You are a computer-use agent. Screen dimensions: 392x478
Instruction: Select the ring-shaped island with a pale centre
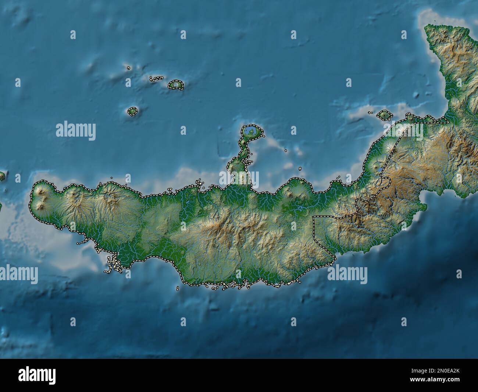click(176, 85)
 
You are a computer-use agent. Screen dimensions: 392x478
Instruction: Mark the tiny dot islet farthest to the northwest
click(128, 68)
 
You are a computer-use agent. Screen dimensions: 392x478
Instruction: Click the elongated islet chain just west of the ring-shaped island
click(157, 78)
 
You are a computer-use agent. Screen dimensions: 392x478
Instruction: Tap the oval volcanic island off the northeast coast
click(385, 115)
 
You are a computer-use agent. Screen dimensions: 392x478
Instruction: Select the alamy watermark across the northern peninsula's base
click(239, 179)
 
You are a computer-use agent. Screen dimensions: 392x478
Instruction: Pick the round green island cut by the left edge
click(2, 176)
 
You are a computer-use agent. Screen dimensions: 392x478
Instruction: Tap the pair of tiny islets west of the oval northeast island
click(371, 113)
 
